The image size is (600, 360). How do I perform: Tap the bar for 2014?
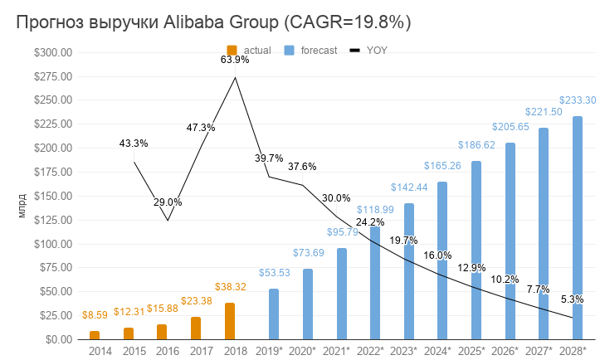(95, 335)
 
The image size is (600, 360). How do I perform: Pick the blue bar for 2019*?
(274, 314)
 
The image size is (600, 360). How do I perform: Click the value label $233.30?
(578, 100)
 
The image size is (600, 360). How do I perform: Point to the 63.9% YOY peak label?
(235, 60)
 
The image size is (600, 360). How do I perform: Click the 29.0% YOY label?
(168, 202)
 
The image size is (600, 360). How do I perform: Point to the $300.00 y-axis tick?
(54, 52)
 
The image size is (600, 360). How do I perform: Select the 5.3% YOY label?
(573, 299)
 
